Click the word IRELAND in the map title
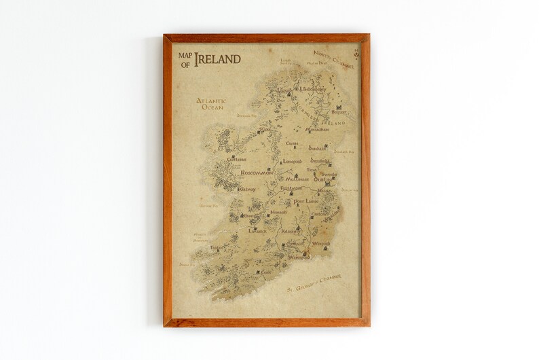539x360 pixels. click(217, 59)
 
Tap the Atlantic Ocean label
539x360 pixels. click(211, 104)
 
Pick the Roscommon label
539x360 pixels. click(257, 173)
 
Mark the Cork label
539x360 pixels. click(265, 272)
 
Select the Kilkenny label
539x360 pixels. click(291, 232)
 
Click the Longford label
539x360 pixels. click(292, 162)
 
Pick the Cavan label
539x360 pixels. click(292, 143)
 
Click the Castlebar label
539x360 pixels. click(237, 158)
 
